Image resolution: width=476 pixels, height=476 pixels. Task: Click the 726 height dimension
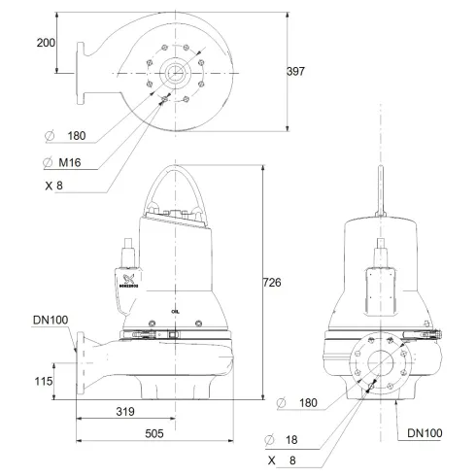click(x=273, y=283)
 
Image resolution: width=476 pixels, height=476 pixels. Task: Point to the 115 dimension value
click(x=40, y=382)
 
